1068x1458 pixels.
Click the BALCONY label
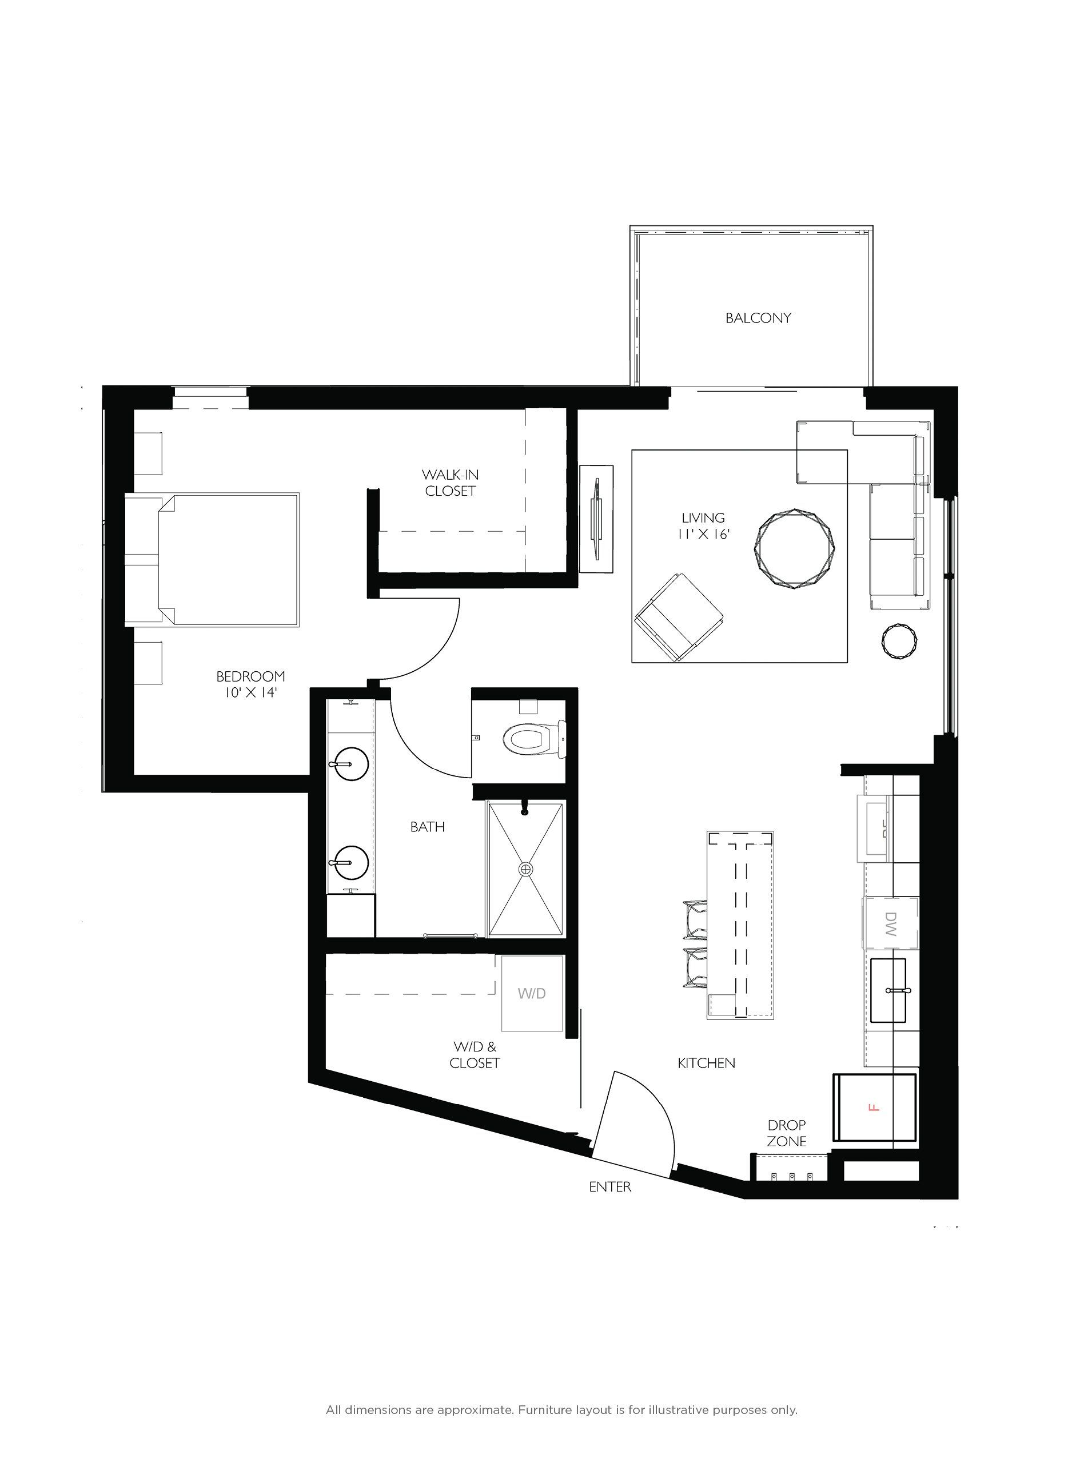[x=758, y=318]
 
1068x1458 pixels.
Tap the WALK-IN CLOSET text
[x=450, y=483]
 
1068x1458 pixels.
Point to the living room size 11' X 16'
[x=703, y=534]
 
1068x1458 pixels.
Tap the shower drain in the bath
[x=526, y=869]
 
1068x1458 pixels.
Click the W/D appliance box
[x=531, y=993]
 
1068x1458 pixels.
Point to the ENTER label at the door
[x=609, y=1186]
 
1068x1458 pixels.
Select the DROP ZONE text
[x=786, y=1133]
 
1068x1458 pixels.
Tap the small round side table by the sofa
[x=899, y=642]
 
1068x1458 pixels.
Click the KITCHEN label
[x=706, y=1063]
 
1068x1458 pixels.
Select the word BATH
[x=427, y=827]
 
